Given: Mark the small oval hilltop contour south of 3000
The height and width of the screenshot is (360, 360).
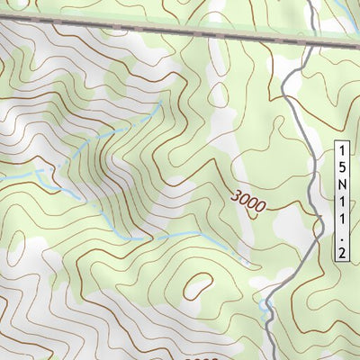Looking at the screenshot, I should (194, 289).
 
